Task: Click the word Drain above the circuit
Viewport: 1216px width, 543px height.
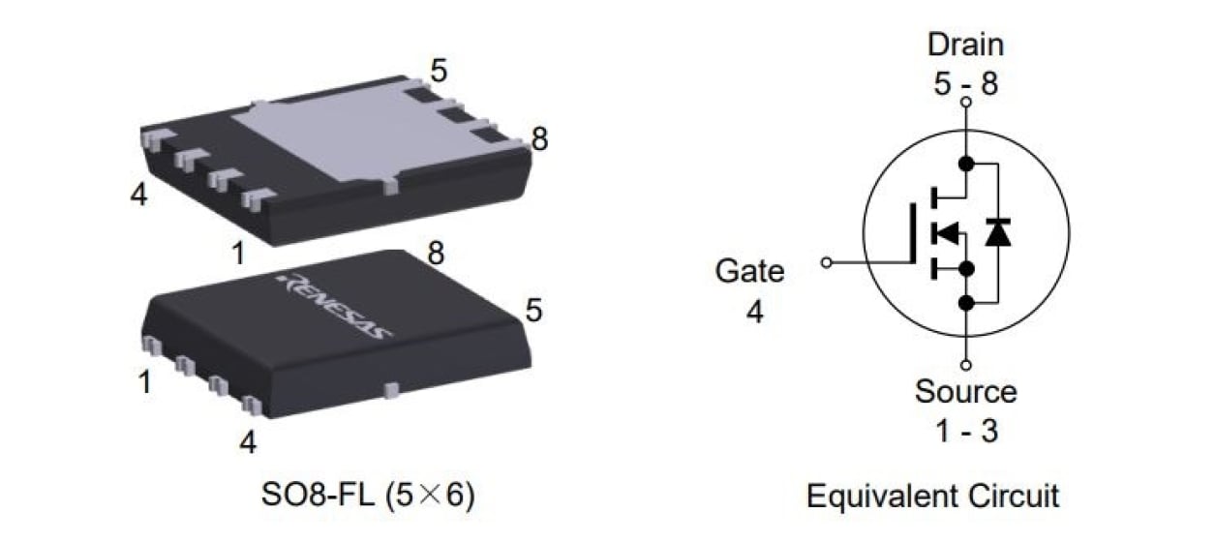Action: pos(965,45)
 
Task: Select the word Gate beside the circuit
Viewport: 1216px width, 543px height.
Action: pos(749,271)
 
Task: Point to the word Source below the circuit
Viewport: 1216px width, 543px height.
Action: pos(965,392)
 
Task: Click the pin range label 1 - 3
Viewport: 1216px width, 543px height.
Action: pos(965,431)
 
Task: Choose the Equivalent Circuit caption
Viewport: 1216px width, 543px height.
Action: pos(932,497)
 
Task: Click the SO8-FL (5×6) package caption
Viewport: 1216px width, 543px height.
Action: pos(368,497)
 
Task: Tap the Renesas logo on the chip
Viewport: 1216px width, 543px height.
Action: pos(335,306)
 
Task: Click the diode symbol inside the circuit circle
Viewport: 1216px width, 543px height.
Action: pos(997,232)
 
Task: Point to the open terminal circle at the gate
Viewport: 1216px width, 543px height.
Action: pos(826,262)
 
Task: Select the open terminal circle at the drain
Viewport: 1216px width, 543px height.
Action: pos(965,102)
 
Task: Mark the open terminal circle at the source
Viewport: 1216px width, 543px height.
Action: pos(965,365)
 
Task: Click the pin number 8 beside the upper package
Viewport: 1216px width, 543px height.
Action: pos(539,140)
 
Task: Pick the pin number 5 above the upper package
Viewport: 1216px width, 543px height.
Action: pos(439,71)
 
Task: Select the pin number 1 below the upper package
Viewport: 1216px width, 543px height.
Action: pos(238,254)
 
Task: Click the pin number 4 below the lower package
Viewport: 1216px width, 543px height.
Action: pos(248,442)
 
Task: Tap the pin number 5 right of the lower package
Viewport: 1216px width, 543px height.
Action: pos(534,311)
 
